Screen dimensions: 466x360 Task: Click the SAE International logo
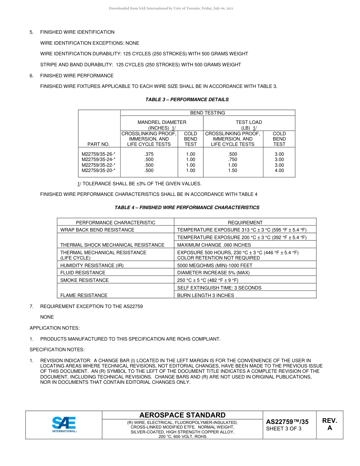(x=64, y=425)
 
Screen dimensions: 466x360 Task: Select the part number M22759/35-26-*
(x=99, y=154)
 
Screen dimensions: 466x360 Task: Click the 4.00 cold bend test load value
(x=279, y=170)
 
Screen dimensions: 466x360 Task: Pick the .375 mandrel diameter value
(x=149, y=154)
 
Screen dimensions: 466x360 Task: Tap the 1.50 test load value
(x=233, y=170)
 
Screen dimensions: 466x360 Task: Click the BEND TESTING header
(x=207, y=113)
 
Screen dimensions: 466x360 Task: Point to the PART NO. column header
(x=99, y=144)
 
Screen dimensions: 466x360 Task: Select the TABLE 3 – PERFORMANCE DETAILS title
(x=187, y=100)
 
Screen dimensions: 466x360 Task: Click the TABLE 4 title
(x=187, y=208)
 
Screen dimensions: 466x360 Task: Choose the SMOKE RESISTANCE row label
(x=85, y=280)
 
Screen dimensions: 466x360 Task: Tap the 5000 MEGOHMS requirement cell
(x=214, y=266)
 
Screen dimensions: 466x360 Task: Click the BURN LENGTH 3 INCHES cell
(x=205, y=296)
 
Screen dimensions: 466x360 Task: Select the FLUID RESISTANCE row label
(x=83, y=273)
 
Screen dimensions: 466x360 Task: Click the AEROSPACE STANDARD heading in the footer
(x=182, y=415)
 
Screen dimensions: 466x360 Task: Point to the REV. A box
(x=329, y=424)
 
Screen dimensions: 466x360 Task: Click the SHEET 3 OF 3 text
(x=284, y=429)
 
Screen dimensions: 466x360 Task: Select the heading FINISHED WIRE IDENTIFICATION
(x=77, y=32)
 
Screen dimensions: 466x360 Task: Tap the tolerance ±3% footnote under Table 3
(x=139, y=184)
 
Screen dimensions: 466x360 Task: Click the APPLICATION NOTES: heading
(x=55, y=328)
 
